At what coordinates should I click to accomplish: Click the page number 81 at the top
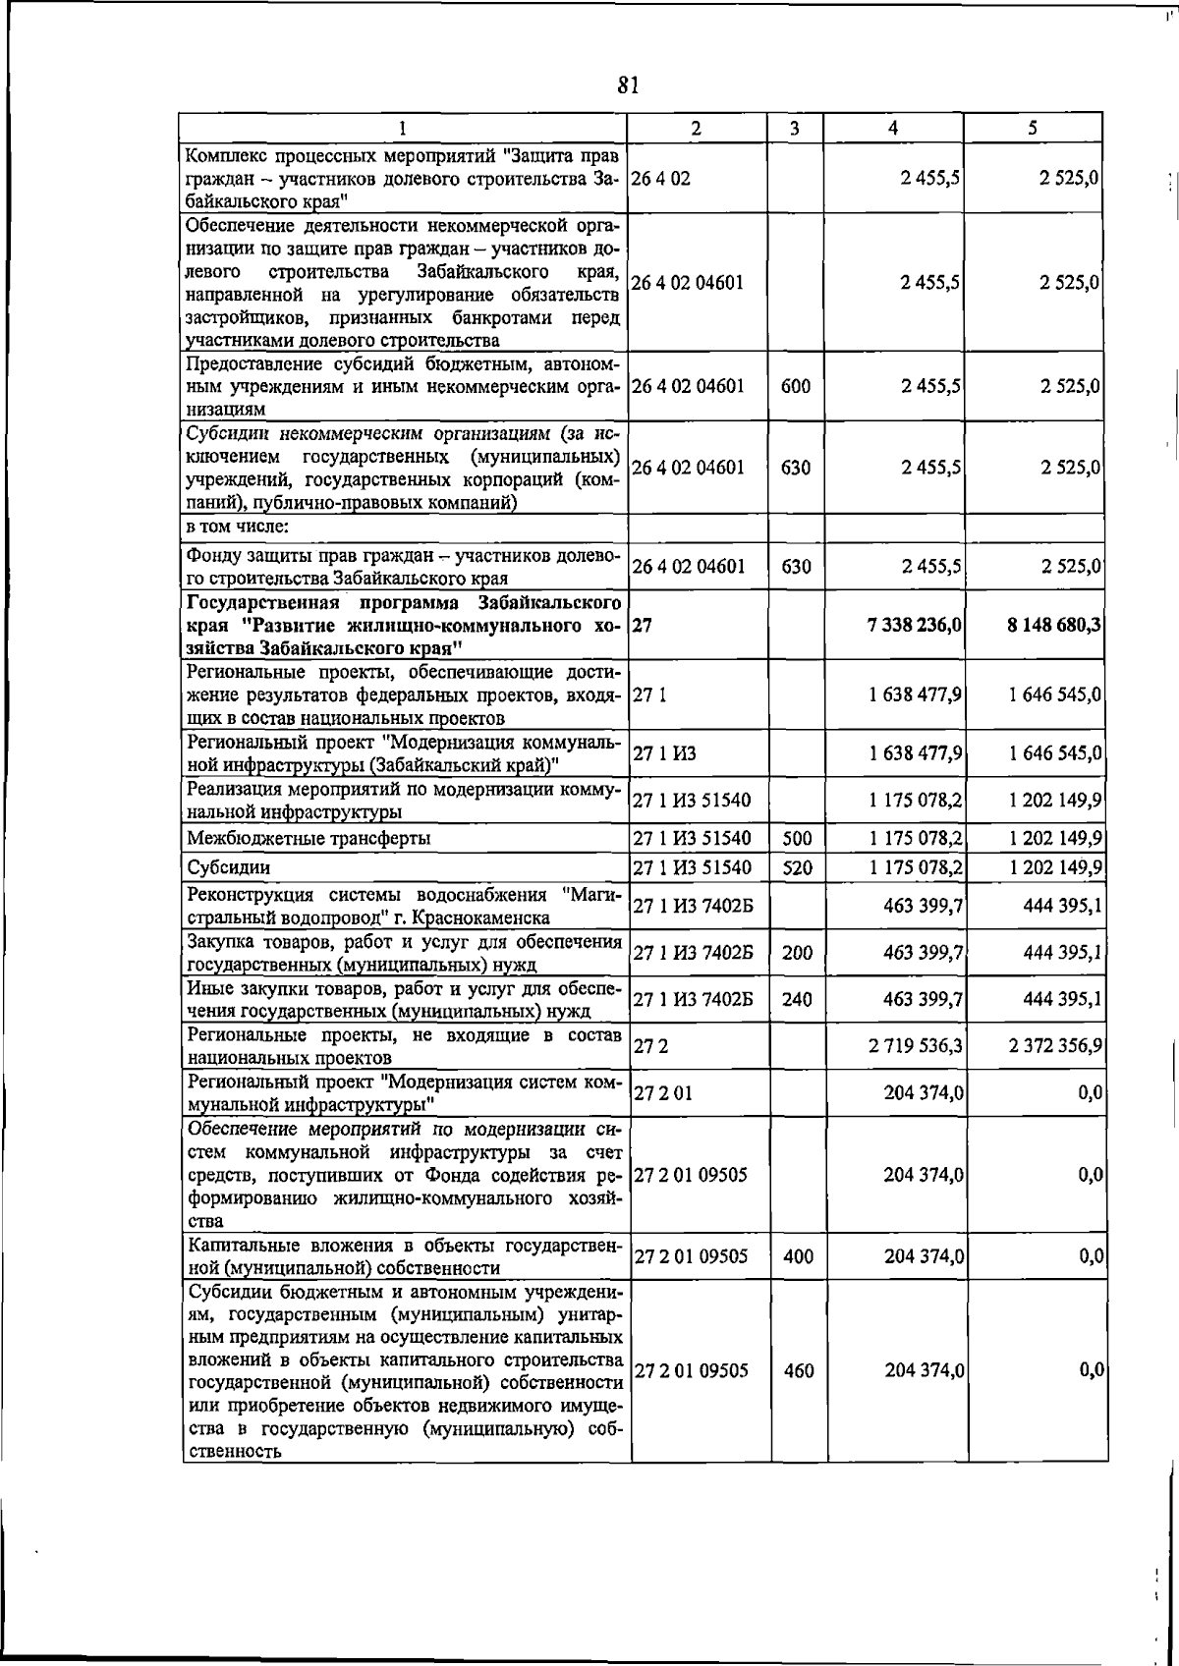[x=629, y=85]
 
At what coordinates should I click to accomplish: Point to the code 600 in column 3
[x=796, y=386]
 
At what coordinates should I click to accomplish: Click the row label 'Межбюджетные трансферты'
[x=309, y=838]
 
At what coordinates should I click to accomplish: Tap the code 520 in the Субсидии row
[x=797, y=867]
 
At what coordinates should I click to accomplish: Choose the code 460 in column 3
[x=799, y=1370]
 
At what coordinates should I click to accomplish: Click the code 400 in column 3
[x=798, y=1256]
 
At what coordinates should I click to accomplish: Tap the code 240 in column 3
[x=797, y=999]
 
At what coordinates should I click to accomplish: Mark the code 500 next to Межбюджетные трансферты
[x=797, y=838]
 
